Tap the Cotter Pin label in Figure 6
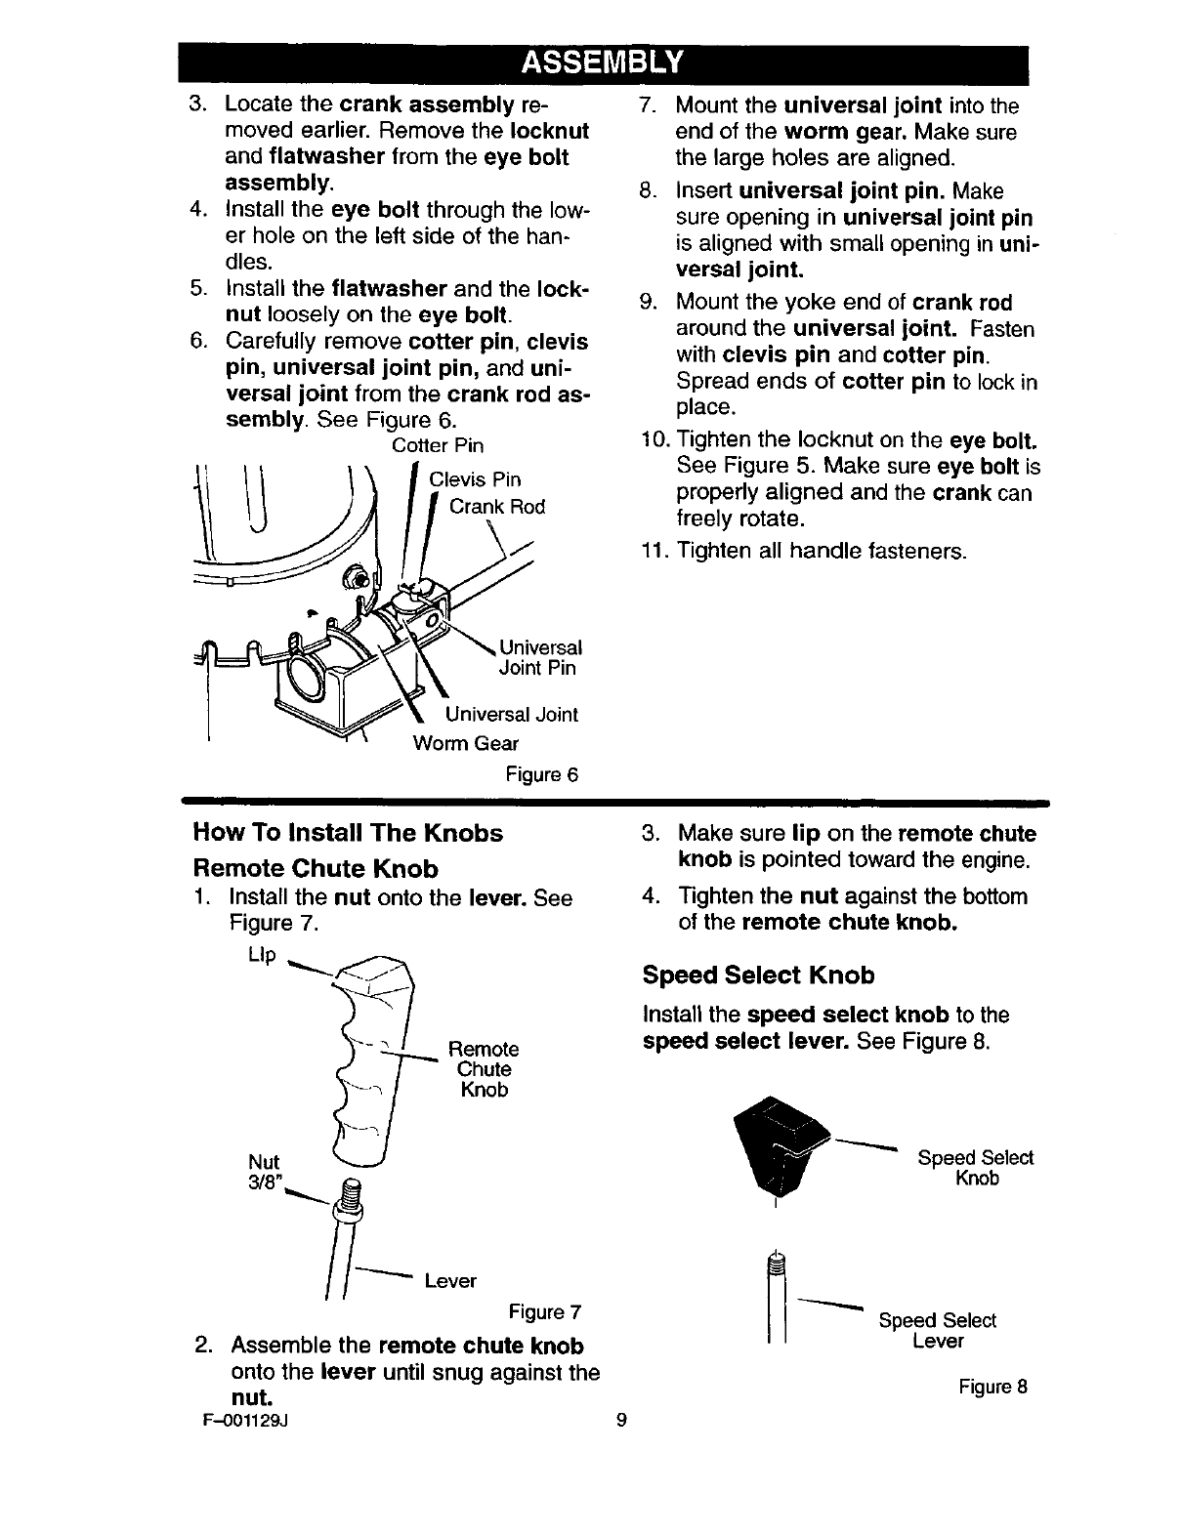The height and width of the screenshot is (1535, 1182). [437, 446]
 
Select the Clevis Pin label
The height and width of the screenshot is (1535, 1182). [475, 479]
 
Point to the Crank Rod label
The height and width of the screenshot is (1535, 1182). [496, 507]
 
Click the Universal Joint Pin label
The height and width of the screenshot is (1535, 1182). [540, 658]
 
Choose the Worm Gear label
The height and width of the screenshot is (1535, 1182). [465, 744]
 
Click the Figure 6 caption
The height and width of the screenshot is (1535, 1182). [541, 775]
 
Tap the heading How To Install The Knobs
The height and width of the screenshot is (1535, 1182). [349, 833]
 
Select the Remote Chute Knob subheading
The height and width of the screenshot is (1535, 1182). [316, 868]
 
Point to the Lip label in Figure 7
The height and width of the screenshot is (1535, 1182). [264, 953]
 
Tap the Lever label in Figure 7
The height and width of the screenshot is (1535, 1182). [449, 1280]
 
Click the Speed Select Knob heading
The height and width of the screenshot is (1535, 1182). [758, 975]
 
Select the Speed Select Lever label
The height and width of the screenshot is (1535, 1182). [937, 1331]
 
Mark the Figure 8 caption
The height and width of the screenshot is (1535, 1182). [992, 1387]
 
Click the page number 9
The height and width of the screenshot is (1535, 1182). [621, 1421]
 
